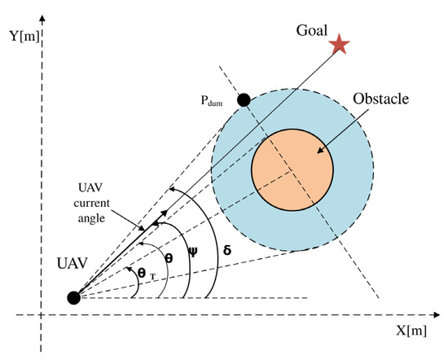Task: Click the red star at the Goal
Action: [336, 44]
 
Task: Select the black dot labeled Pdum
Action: [243, 100]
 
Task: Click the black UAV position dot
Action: [73, 297]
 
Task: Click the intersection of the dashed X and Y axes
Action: [38, 314]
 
